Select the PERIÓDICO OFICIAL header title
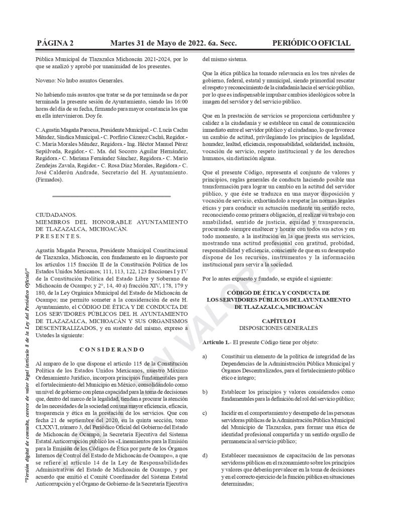(x=312, y=43)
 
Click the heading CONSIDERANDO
(x=112, y=349)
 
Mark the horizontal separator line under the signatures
(x=112, y=196)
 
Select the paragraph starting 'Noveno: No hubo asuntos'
(x=79, y=80)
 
